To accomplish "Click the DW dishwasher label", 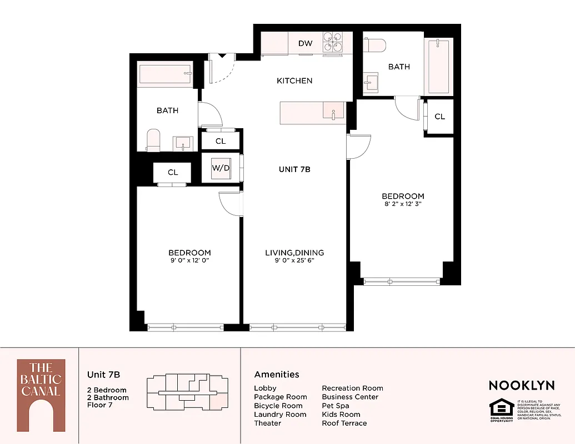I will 305,43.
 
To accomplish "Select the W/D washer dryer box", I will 220,168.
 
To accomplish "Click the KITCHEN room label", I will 294,80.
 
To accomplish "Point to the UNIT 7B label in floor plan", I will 294,169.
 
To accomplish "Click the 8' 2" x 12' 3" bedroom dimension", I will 403,204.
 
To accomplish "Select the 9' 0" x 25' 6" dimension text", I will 294,260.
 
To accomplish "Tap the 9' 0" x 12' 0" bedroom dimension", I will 189,260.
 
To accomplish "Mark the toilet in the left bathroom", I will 153,140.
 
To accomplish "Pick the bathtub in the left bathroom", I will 166,74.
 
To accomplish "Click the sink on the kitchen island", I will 333,113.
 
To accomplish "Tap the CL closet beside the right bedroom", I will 439,117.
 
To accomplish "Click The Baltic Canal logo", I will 41,395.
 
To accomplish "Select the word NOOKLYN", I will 522,385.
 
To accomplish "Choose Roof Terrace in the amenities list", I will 344,423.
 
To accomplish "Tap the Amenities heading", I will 277,375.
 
